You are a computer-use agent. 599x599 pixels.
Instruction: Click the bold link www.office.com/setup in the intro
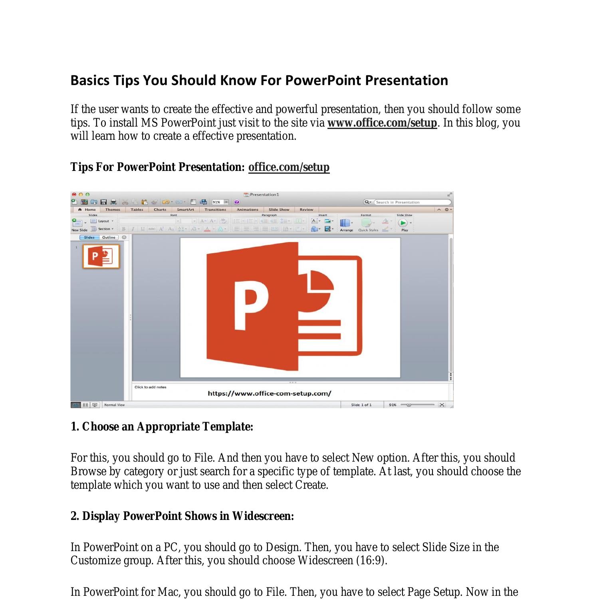point(382,123)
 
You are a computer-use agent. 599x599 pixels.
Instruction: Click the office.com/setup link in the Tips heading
point(289,167)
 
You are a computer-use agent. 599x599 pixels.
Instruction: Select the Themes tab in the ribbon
point(113,210)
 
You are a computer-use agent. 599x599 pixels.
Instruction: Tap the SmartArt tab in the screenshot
point(185,210)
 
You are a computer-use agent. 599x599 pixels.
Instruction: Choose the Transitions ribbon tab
point(215,210)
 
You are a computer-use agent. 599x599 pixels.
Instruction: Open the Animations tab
point(247,210)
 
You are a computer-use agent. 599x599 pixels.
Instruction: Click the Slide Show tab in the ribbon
point(279,210)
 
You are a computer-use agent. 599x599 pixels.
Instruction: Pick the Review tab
point(306,210)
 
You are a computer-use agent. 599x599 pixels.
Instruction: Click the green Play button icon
point(403,223)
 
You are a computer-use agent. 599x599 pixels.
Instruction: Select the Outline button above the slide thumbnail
point(109,238)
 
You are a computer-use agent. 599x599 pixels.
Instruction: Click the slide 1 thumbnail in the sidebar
point(101,256)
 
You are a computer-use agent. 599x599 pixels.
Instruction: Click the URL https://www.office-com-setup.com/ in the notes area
point(270,393)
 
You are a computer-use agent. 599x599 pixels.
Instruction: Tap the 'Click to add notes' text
point(151,387)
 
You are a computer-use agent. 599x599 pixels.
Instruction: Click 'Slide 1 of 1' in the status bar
point(361,405)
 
